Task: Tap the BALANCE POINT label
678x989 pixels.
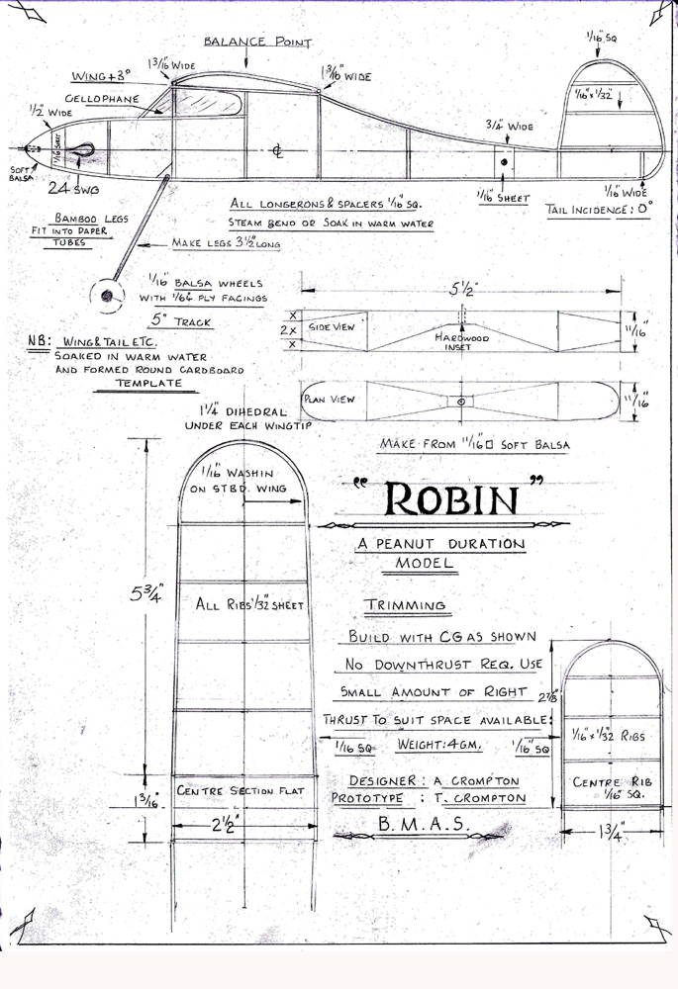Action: tap(257, 43)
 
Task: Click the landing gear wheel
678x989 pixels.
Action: tap(106, 293)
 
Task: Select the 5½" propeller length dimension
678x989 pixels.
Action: tap(461, 291)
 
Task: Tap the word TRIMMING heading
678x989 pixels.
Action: tap(405, 605)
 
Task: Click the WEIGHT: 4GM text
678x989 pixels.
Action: tap(440, 744)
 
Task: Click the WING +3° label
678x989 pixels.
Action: tap(102, 76)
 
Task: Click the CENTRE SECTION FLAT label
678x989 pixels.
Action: tap(242, 791)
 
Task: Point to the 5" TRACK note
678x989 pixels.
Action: tap(182, 320)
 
